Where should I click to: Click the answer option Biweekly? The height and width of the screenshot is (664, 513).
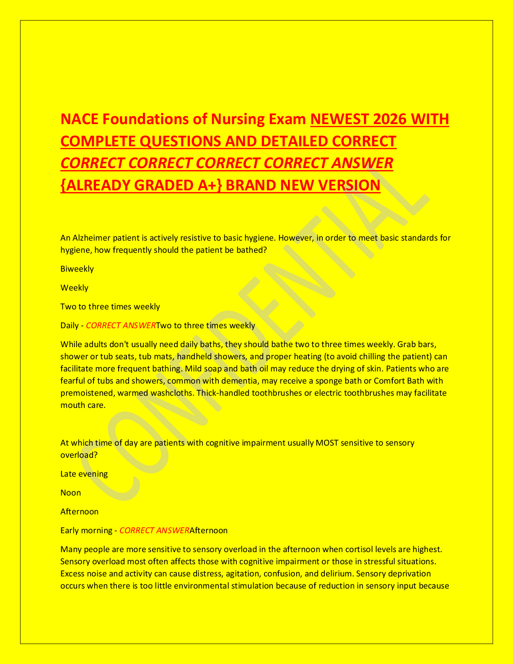(x=77, y=269)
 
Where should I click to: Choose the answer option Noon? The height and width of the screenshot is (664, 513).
(x=71, y=493)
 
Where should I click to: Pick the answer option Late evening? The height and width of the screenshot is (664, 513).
(x=84, y=474)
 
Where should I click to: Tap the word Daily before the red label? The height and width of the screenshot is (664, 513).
(x=70, y=325)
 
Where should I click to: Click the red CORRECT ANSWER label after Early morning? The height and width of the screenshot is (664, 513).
(x=154, y=530)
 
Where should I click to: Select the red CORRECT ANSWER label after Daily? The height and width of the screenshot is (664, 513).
(x=121, y=325)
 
